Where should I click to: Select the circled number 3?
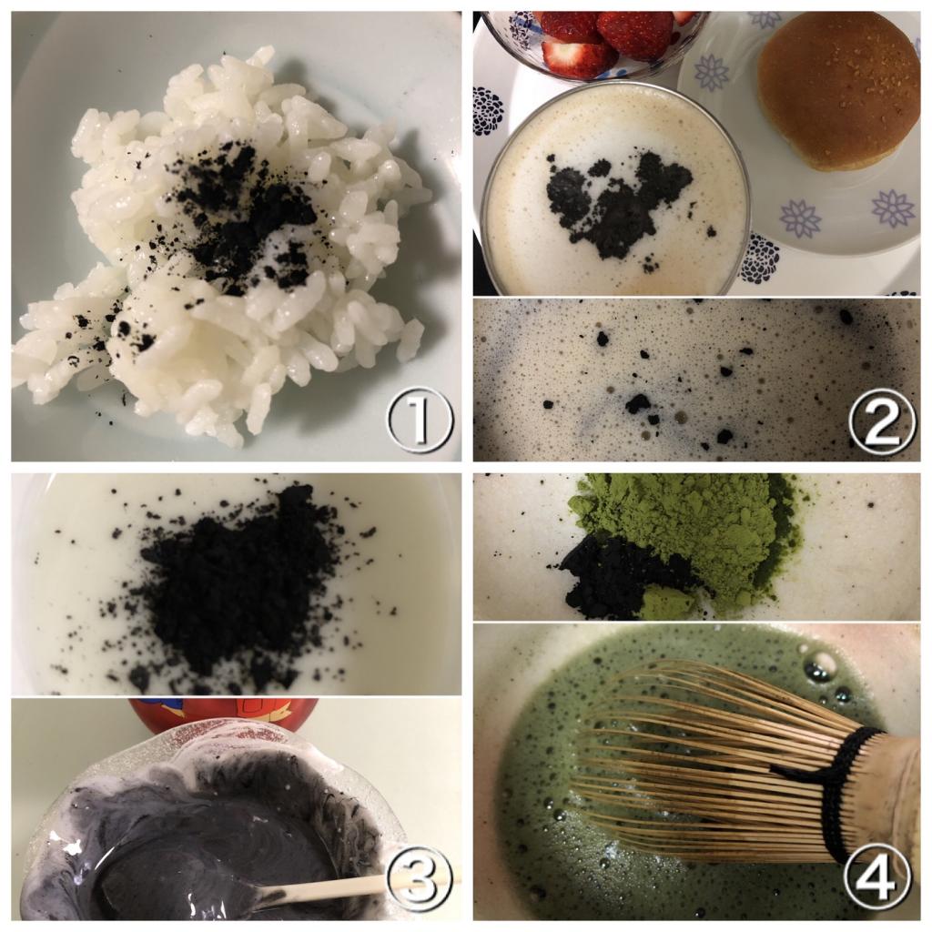pyautogui.click(x=420, y=881)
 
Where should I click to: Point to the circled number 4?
pyautogui.click(x=877, y=881)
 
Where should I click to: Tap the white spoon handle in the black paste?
pyautogui.click(x=333, y=888)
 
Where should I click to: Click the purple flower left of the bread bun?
pyautogui.click(x=712, y=73)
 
